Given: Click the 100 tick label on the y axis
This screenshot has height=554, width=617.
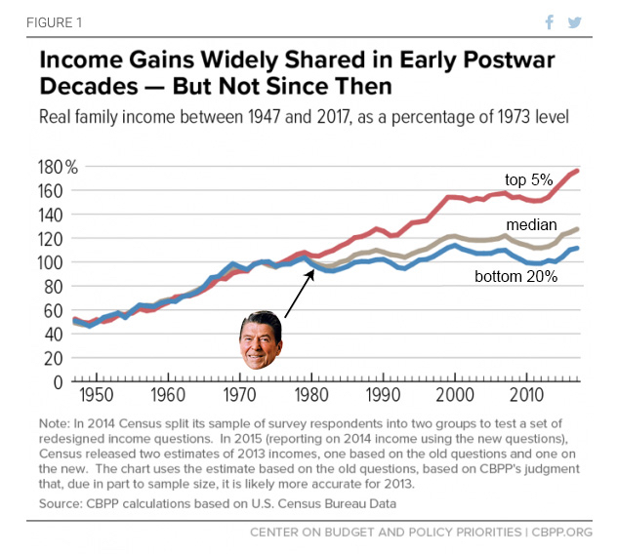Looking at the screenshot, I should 51,261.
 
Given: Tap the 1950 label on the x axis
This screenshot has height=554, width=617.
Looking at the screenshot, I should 95,396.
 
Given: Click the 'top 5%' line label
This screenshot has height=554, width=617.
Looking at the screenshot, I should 529,179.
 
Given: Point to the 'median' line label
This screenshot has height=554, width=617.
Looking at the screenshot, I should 532,224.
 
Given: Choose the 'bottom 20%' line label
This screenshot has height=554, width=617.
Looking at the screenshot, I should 516,276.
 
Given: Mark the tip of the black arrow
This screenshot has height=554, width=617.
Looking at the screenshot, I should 312,268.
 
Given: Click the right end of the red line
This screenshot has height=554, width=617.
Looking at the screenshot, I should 578,171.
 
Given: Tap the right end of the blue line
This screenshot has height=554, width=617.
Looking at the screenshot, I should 578,248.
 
